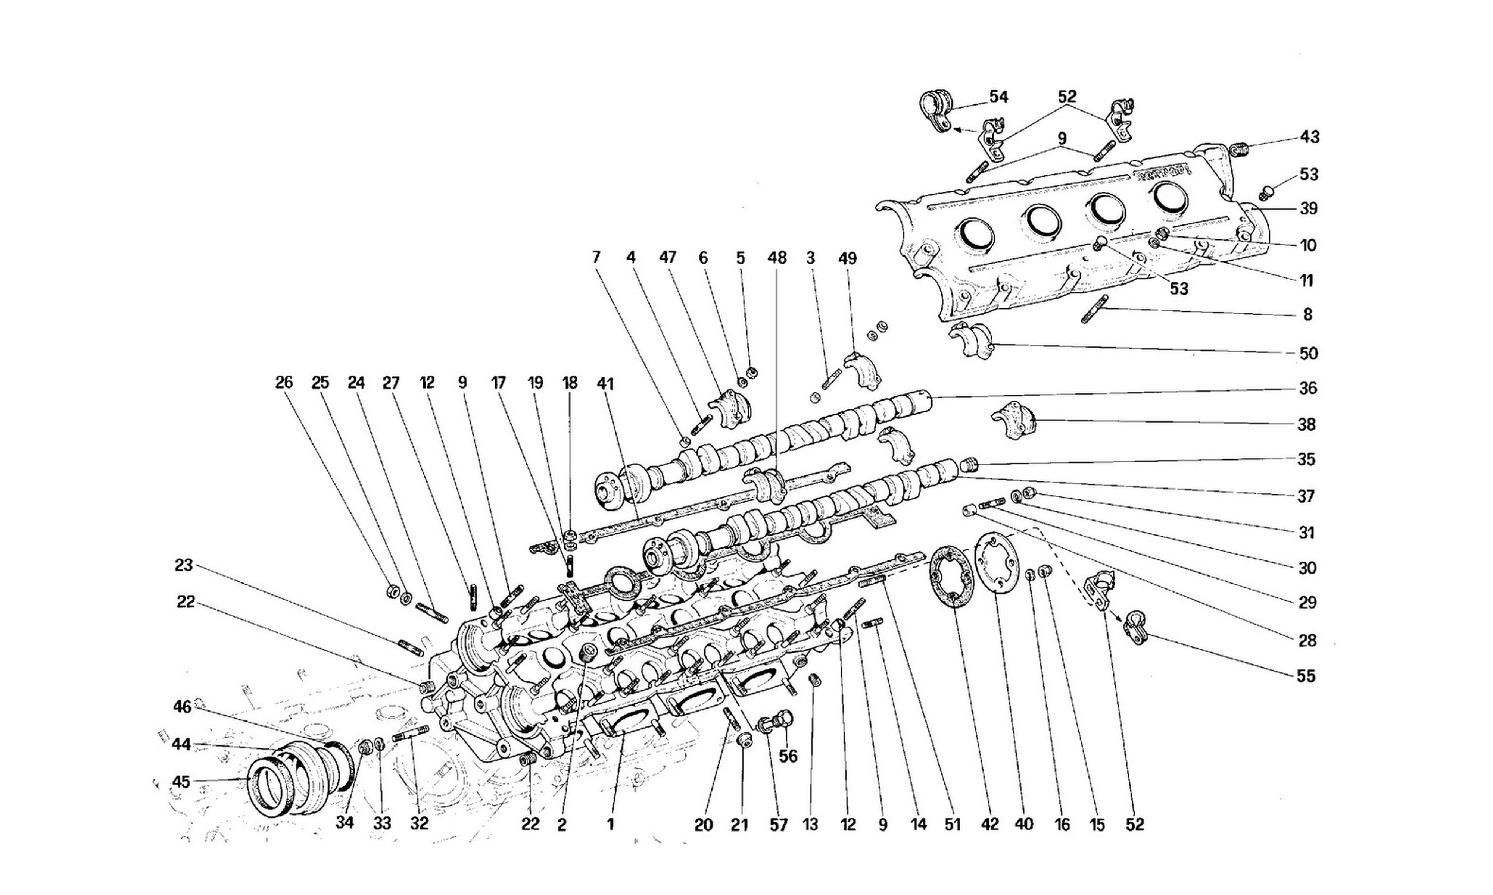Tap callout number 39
pyautogui.click(x=1308, y=209)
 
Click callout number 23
pyautogui.click(x=184, y=565)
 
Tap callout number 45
pyautogui.click(x=181, y=782)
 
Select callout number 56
pyautogui.click(x=788, y=756)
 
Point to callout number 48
pyautogui.click(x=777, y=258)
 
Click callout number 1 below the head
pyautogui.click(x=611, y=825)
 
